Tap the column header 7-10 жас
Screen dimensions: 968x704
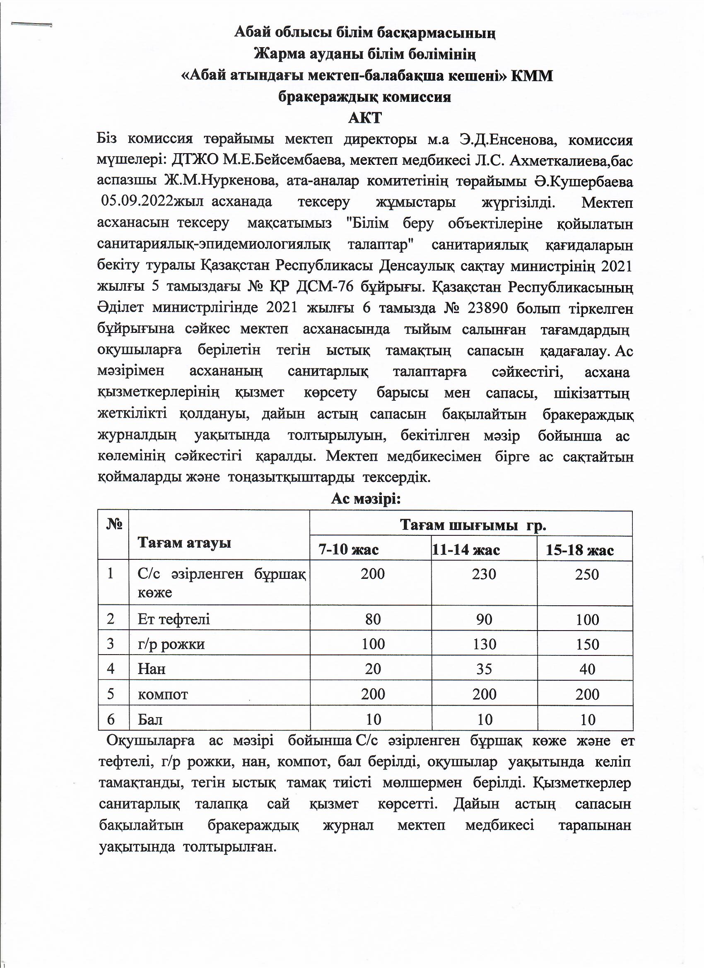pos(349,550)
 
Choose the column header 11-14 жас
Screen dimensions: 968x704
pos(466,550)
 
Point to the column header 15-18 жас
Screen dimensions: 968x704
pos(579,550)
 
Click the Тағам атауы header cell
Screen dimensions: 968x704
pos(184,542)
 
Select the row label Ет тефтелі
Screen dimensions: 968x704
pos(174,619)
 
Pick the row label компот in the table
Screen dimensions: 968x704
pos(163,694)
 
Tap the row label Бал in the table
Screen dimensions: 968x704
pos(150,720)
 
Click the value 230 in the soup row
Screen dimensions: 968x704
pos(484,574)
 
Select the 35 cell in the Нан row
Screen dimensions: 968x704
pos(484,669)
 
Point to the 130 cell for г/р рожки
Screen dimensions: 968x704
pos(484,644)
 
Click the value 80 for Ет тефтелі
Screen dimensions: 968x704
pos(373,619)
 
